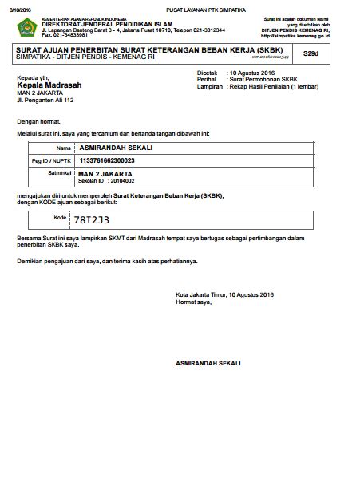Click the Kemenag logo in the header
coord(26,28)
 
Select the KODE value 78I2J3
coord(92,219)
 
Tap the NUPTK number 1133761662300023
coord(107,160)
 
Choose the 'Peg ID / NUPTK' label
coord(52,161)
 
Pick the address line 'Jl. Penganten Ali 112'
coord(45,101)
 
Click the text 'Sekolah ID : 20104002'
coord(101,181)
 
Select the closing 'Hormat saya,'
coord(194,302)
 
